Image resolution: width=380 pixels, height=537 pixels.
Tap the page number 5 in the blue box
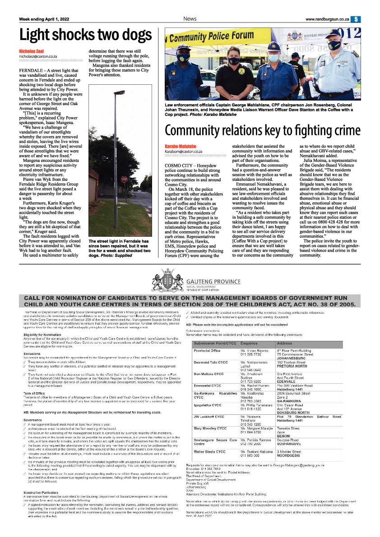pos(356,19)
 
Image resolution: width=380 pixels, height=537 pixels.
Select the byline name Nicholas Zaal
pos(31,51)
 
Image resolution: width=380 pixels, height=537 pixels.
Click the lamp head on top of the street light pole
pos(120,92)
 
